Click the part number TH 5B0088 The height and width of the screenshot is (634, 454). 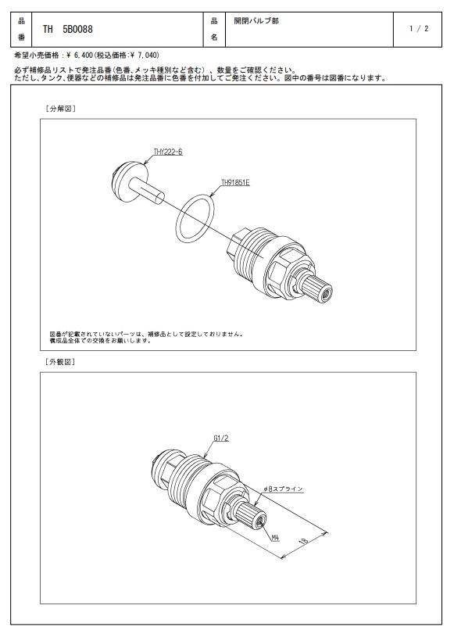click(67, 29)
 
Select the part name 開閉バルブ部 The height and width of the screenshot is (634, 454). click(256, 20)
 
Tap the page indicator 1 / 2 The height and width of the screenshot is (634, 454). click(419, 29)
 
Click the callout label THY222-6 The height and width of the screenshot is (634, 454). click(168, 152)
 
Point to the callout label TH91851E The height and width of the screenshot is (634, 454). click(235, 182)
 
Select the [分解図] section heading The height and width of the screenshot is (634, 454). click(61, 109)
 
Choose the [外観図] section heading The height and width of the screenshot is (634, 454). click(61, 362)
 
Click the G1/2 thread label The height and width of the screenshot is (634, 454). click(220, 438)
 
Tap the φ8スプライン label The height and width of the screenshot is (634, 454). click(283, 489)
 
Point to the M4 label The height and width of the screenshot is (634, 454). click(275, 537)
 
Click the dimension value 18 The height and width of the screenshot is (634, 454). click(305, 539)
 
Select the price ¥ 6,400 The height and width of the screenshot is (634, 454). click(79, 55)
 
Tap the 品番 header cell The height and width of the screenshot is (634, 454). click(21, 29)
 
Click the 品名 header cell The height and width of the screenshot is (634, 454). click(214, 29)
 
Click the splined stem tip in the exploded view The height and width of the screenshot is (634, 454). click(320, 288)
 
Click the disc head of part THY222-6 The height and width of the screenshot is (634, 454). click(130, 181)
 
